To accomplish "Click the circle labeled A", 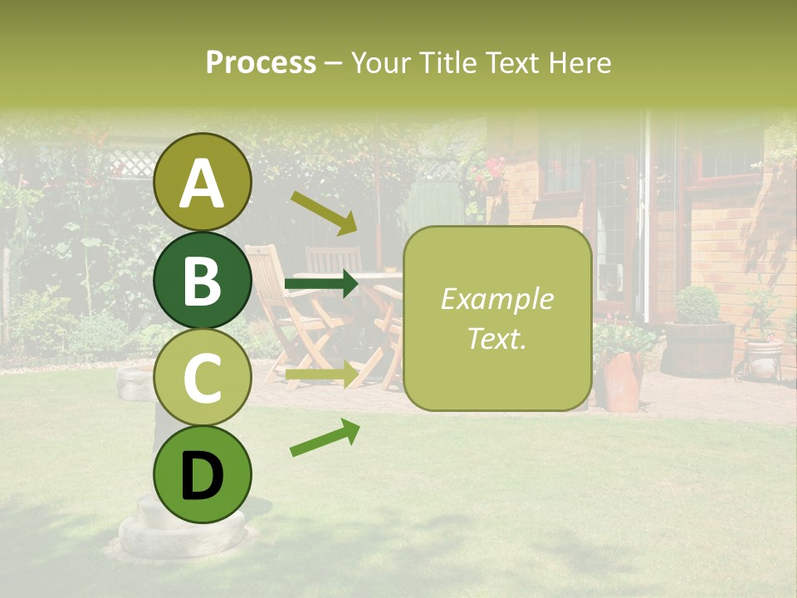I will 203,182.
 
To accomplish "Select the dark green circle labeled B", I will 203,280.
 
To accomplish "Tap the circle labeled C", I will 203,378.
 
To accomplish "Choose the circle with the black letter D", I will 203,475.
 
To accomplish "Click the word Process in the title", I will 261,62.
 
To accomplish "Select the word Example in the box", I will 496,299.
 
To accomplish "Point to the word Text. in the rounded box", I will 496,338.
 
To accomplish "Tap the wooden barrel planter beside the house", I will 698,350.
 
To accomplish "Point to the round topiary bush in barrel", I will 697,305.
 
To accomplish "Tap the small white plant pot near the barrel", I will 763,359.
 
